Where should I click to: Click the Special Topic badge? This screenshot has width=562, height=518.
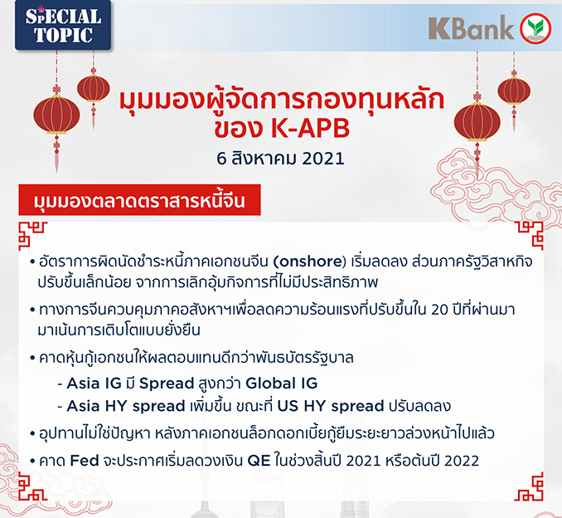tap(63, 24)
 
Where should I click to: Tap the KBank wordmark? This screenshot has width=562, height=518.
tap(471, 27)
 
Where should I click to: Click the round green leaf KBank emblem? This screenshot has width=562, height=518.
tap(535, 28)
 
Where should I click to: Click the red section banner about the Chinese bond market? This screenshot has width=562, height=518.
tap(139, 200)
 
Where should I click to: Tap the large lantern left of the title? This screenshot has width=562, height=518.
tap(56, 115)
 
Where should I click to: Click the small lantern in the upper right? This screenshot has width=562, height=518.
tap(514, 90)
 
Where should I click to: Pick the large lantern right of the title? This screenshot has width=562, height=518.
tap(477, 122)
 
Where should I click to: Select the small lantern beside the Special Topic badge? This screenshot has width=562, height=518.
tap(94, 88)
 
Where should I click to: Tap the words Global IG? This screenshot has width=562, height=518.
tap(282, 383)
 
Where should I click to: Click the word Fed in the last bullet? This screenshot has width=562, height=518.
tap(85, 461)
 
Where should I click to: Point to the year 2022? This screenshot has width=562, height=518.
tap(462, 461)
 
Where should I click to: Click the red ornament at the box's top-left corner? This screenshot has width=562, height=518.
tap(32, 236)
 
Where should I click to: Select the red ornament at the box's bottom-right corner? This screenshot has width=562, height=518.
tap(529, 486)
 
